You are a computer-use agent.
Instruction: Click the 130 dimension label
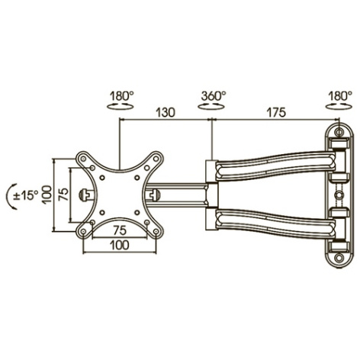tap(166, 113)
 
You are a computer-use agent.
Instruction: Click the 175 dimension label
tap(276, 113)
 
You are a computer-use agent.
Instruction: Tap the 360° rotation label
tap(214, 96)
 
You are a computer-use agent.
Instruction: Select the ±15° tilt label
tap(26, 195)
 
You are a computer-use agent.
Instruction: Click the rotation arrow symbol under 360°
tap(211, 106)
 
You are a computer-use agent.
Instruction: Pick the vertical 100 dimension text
tap(47, 194)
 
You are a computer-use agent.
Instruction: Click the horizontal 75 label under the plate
tap(120, 230)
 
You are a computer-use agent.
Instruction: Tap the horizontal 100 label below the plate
tap(120, 245)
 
